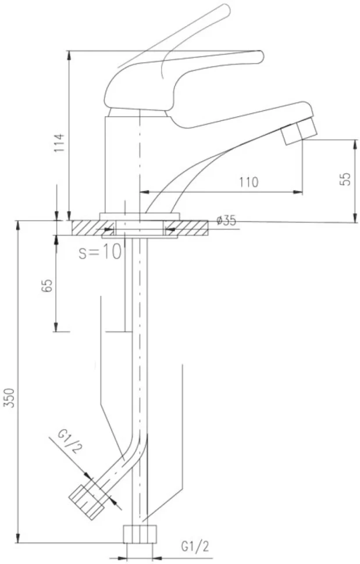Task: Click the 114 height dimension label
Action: pos(60,142)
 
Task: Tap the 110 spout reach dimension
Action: pos(249,182)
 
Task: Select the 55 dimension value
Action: pos(344,179)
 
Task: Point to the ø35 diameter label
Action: pos(227,220)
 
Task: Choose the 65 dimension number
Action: pos(48,285)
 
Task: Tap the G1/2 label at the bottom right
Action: pos(195,547)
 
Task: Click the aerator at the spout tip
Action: pos(299,131)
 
